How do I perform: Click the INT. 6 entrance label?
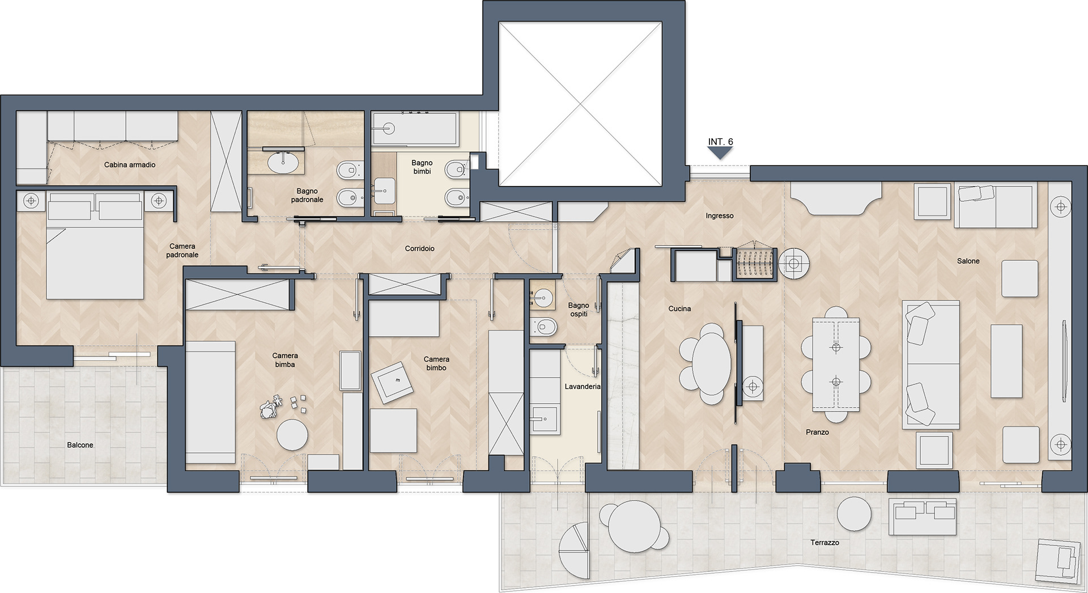720,142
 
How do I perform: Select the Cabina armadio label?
130,165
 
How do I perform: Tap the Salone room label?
968,261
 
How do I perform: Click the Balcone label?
80,445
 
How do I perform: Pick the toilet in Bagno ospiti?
545,327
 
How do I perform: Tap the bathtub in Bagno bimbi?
415,128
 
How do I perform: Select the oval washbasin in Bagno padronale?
283,162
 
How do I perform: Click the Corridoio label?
420,248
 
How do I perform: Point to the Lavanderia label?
583,387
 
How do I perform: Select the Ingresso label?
720,216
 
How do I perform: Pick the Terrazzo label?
824,543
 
